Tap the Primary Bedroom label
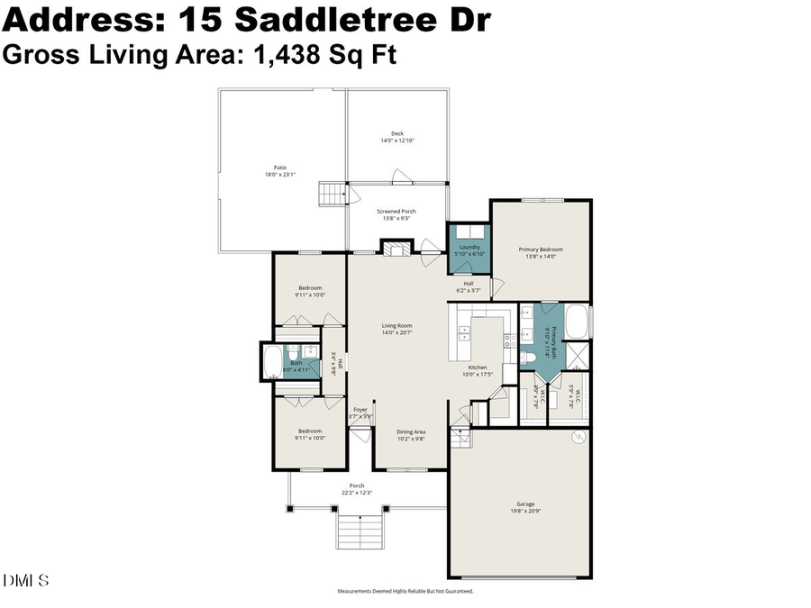(x=540, y=252)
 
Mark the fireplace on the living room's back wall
(x=393, y=249)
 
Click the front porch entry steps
(x=360, y=531)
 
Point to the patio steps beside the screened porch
(x=333, y=194)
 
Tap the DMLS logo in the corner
(x=25, y=580)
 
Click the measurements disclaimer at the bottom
(x=405, y=592)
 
